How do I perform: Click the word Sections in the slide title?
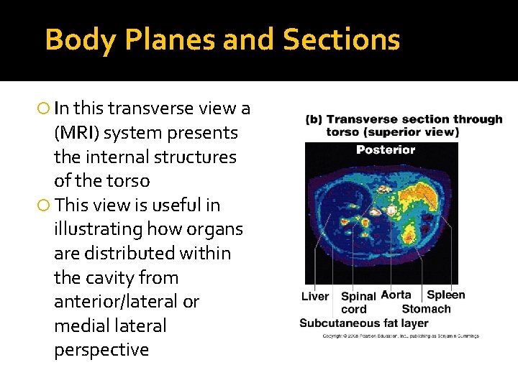(341, 40)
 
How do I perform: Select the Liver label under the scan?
(315, 296)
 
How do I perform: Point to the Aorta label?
(396, 295)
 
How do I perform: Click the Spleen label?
(446, 295)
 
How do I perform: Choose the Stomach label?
(426, 309)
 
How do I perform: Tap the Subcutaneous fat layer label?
(363, 323)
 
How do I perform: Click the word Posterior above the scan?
(386, 149)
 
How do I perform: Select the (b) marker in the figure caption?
(314, 119)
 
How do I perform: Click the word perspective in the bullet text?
(101, 350)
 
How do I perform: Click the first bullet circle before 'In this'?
(43, 109)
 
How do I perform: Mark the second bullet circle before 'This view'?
(43, 205)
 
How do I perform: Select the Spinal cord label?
(358, 302)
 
